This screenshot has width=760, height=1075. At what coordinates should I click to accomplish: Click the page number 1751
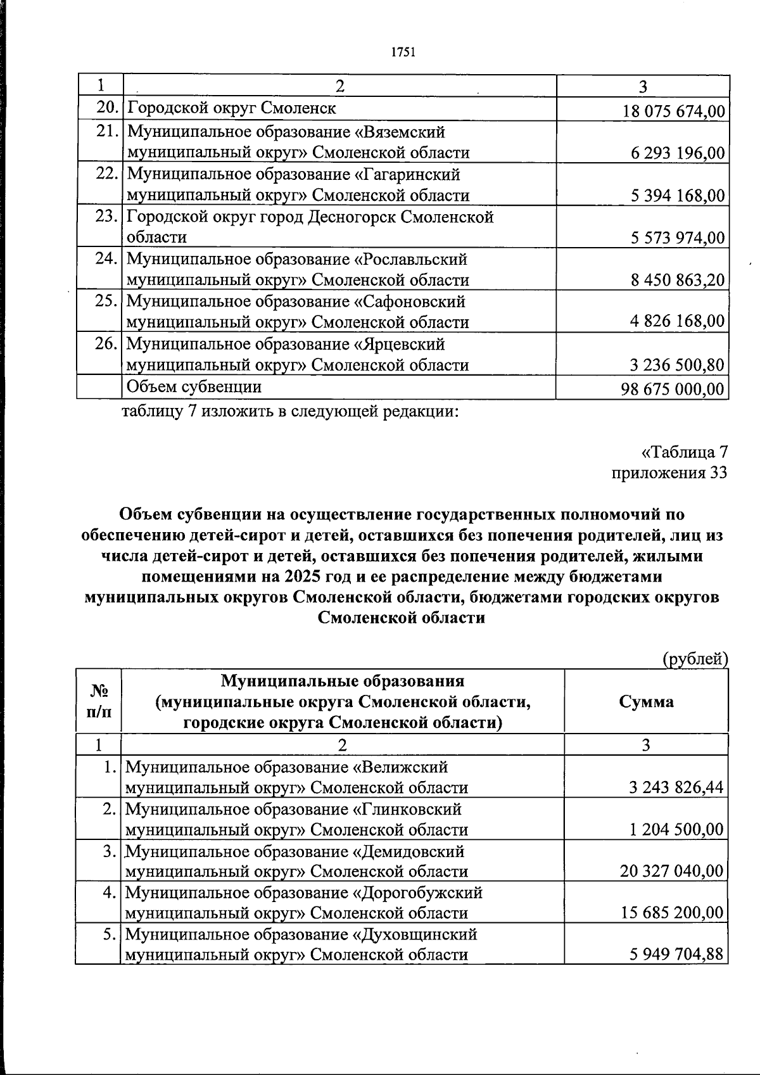402,53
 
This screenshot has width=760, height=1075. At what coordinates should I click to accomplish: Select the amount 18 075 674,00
674,111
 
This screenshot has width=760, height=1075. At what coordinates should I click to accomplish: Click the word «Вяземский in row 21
399,132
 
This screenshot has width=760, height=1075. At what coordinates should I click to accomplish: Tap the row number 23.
107,217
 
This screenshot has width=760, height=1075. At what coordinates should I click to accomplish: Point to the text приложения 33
669,473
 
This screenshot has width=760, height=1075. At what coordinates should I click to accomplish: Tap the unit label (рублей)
695,659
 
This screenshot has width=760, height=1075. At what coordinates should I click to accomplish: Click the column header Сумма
646,701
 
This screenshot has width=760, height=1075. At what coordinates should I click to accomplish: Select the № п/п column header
98,701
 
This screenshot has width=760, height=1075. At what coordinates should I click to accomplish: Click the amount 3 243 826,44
676,787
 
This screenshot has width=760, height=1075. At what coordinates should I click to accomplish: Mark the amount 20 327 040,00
672,872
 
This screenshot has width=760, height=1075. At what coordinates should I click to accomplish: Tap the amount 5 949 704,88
676,954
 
